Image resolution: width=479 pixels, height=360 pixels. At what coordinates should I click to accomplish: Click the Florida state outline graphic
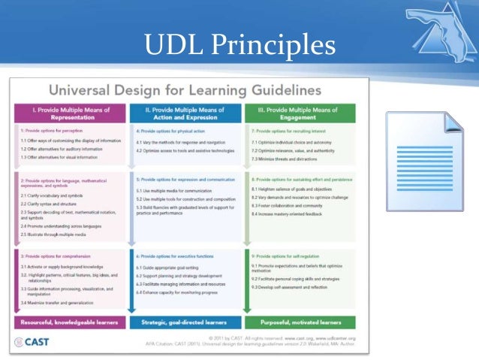click(435, 30)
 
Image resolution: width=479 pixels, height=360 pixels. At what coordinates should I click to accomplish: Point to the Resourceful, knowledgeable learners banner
click(69, 322)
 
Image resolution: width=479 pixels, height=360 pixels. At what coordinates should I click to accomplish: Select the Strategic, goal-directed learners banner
click(184, 322)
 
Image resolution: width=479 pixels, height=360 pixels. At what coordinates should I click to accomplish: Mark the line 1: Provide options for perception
click(52, 130)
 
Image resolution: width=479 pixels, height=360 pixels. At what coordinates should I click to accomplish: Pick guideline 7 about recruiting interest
click(285, 130)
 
